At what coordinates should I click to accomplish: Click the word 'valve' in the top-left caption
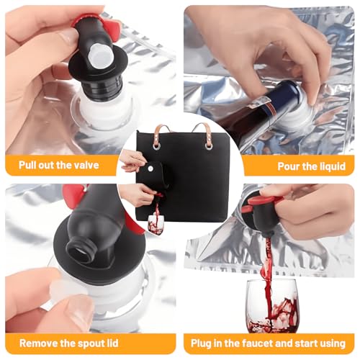point(86,165)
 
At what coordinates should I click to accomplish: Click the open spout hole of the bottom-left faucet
point(78,253)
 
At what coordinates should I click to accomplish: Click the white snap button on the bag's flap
point(150,168)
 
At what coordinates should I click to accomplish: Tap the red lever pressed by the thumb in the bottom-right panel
point(262,201)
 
